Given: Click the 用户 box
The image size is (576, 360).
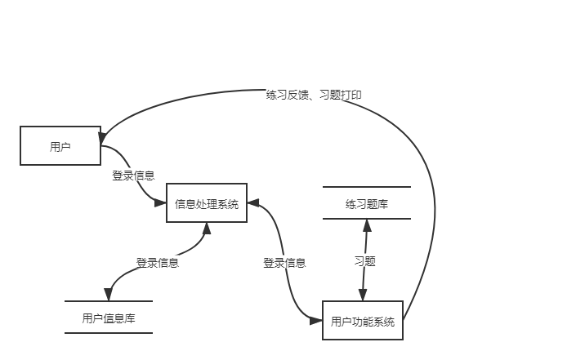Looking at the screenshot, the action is tap(60, 146).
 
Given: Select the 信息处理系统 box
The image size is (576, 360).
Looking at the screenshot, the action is tap(207, 204).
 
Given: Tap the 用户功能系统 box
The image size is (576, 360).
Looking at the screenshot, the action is tap(363, 322).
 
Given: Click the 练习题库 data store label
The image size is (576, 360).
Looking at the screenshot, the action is tap(366, 203).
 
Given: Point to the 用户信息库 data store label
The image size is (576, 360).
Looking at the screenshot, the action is tap(109, 318).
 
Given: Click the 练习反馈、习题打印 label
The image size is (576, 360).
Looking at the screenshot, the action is tap(314, 95).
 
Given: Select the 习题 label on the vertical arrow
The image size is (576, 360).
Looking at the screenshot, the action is tap(364, 261).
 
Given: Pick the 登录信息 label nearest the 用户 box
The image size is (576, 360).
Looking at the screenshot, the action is tap(133, 174).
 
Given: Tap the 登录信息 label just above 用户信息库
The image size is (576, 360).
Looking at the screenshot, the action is tap(157, 262).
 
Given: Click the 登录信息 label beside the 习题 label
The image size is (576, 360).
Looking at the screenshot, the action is tap(284, 262).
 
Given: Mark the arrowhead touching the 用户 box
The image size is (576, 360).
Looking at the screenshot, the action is tap(104, 136).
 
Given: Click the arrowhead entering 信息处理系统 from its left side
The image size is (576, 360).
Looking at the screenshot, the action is tap(162, 204).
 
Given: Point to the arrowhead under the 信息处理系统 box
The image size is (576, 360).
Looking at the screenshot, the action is tap(206, 229).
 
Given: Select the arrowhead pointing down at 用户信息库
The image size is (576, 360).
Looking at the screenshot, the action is tap(108, 296).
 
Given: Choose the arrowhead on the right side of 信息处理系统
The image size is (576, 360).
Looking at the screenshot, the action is tap(252, 203).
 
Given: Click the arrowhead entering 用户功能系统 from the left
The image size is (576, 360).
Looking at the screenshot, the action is tap(317, 322).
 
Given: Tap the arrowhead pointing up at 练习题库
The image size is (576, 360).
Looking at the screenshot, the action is tap(366, 224).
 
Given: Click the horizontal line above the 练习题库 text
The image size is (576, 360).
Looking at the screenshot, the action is tap(366, 187).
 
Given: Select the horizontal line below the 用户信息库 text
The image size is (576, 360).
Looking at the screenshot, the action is tap(109, 333).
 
